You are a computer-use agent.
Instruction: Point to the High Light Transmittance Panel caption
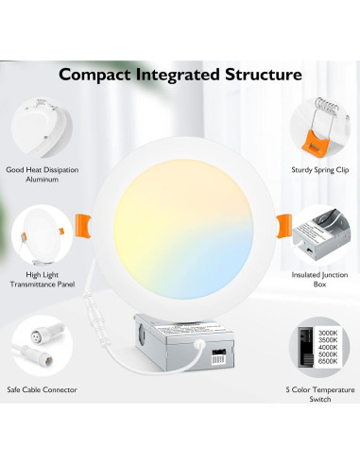[x=41, y=278]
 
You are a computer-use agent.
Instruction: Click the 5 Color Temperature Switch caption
[x=319, y=394]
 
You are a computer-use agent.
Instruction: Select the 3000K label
[x=326, y=334]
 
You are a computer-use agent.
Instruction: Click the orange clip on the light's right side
[x=282, y=224]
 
